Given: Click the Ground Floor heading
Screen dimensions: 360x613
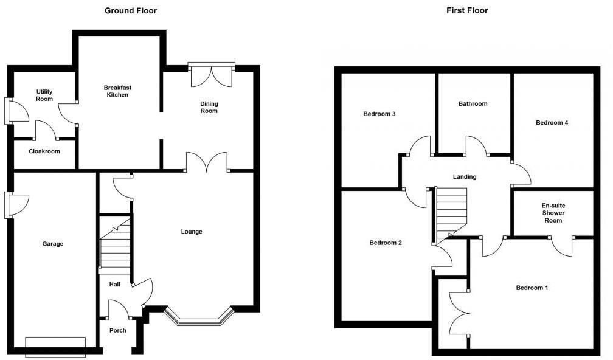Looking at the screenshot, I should [x=131, y=10].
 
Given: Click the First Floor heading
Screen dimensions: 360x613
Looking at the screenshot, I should [x=467, y=10].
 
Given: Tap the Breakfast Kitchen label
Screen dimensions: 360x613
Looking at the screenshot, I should [x=117, y=91].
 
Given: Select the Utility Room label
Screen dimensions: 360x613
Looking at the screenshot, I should [x=44, y=95].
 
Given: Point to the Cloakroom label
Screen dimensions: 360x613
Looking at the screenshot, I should [x=44, y=151].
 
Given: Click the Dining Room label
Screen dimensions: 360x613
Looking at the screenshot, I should [x=209, y=108].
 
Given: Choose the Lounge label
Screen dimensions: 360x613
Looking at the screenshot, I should [x=192, y=232].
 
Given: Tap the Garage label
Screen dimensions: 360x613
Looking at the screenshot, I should [x=52, y=244].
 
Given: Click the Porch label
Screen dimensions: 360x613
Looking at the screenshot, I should [x=117, y=331].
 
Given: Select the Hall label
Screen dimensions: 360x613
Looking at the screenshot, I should [x=114, y=285].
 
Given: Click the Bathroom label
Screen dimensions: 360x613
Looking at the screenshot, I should [x=473, y=104].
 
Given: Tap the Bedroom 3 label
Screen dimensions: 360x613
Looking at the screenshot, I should [x=379, y=114].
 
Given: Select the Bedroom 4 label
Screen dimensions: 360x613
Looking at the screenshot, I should [x=552, y=123].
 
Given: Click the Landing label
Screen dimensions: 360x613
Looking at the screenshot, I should [x=465, y=177].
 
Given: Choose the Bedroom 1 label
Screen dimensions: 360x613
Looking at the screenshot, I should [x=532, y=288].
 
